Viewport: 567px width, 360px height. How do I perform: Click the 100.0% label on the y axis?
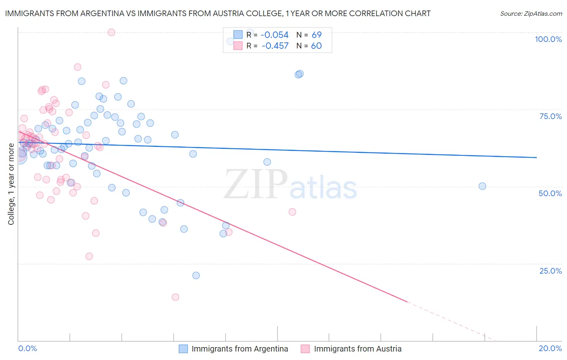click(548, 39)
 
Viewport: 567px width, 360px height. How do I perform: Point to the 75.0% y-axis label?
click(550, 116)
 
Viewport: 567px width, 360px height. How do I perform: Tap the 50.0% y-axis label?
click(550, 193)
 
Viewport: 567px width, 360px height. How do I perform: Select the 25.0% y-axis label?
click(550, 270)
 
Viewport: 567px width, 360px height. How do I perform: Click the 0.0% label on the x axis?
click(27, 348)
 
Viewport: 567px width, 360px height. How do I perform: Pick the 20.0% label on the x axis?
click(550, 348)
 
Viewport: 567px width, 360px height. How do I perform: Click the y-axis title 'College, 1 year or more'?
click(11, 184)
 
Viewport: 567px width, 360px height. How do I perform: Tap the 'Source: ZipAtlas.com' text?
click(531, 14)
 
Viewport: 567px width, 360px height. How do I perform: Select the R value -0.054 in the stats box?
click(275, 35)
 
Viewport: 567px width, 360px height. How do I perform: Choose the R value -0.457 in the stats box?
click(275, 46)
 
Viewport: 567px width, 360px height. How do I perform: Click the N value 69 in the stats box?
click(317, 35)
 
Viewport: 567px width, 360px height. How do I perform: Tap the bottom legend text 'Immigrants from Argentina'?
click(240, 349)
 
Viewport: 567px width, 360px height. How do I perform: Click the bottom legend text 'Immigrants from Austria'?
click(358, 349)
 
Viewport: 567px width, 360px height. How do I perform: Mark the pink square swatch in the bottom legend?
click(305, 349)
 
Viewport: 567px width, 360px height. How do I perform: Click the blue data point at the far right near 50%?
click(482, 186)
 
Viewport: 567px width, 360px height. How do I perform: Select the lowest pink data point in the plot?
click(175, 297)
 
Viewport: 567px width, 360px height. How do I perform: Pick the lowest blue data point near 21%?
click(196, 276)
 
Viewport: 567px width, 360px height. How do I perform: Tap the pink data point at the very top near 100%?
click(111, 32)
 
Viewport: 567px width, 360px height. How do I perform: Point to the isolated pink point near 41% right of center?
click(292, 212)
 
